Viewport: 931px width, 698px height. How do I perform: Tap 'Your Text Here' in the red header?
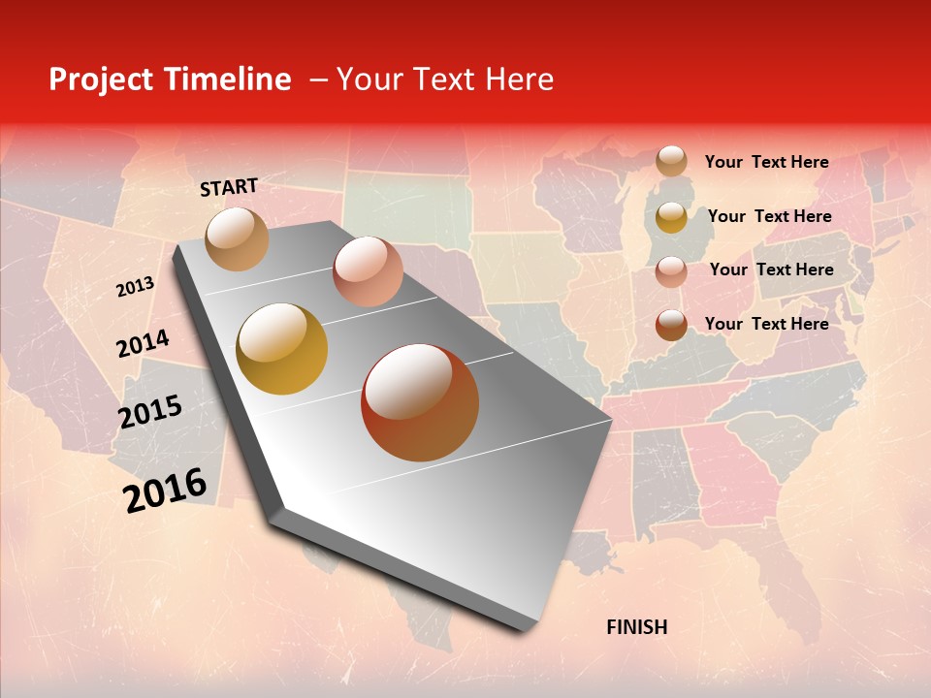click(445, 79)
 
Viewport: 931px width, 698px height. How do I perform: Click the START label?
click(229, 187)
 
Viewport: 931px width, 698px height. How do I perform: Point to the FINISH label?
click(636, 627)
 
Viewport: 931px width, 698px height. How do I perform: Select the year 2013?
click(135, 287)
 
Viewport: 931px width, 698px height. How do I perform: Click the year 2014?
click(143, 343)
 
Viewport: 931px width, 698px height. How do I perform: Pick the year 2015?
click(149, 412)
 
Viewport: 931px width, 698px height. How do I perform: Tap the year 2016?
click(165, 490)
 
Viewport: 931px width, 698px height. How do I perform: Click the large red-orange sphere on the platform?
click(420, 402)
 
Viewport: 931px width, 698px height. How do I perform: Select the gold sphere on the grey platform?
click(282, 349)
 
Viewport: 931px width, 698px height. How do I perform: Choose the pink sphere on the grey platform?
click(368, 271)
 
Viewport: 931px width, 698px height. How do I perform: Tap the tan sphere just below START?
click(238, 239)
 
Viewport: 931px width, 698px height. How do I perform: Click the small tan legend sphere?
click(671, 162)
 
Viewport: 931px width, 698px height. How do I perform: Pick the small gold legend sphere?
click(671, 217)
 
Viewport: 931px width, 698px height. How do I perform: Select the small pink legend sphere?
click(671, 271)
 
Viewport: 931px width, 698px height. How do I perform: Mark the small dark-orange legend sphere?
click(671, 325)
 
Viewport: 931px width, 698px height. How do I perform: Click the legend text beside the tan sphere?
click(766, 162)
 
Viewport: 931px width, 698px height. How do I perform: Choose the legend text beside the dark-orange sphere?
click(766, 324)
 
